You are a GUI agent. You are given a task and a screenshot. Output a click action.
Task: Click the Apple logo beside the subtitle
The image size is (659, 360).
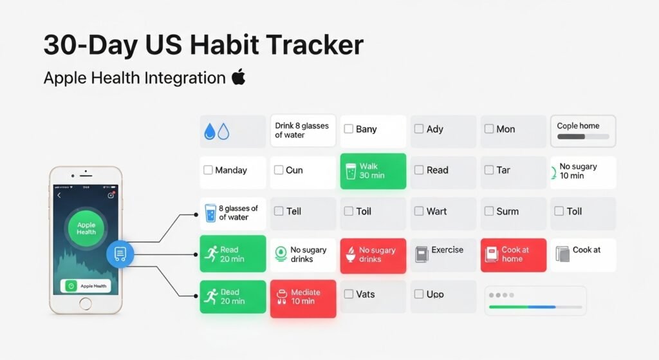(x=239, y=77)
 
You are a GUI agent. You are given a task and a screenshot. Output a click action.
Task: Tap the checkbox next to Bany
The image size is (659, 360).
(x=348, y=129)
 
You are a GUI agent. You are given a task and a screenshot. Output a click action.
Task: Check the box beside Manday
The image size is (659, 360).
(x=208, y=170)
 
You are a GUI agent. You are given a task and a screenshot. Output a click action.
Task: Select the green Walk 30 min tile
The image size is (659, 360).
(x=373, y=171)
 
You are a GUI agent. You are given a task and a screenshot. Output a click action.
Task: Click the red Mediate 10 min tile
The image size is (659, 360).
(x=303, y=299)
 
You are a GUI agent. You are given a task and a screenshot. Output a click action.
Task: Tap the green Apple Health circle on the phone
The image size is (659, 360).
(x=86, y=229)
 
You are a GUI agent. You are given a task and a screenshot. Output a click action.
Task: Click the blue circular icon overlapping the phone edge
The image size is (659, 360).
(x=120, y=254)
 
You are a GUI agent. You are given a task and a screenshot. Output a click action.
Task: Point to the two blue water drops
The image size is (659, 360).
(x=216, y=131)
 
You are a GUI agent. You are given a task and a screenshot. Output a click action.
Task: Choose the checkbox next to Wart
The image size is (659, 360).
(x=418, y=211)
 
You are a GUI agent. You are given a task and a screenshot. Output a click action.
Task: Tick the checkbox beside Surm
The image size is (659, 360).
(x=489, y=211)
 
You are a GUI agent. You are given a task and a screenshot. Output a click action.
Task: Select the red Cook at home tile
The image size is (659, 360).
(x=514, y=255)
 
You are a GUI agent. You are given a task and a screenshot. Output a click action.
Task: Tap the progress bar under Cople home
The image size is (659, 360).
(x=583, y=137)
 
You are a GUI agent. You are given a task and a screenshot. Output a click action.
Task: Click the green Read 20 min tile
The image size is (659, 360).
(x=233, y=254)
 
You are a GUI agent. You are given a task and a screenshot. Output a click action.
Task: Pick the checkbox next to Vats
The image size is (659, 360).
(x=348, y=294)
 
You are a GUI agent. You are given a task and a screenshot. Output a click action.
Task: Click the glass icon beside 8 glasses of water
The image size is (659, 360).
(x=210, y=213)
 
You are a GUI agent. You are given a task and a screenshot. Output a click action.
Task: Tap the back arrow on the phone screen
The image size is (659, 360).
(x=59, y=195)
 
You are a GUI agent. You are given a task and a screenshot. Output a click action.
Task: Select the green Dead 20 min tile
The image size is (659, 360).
(x=233, y=297)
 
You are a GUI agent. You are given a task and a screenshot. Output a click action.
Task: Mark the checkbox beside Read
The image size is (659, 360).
(x=418, y=170)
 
